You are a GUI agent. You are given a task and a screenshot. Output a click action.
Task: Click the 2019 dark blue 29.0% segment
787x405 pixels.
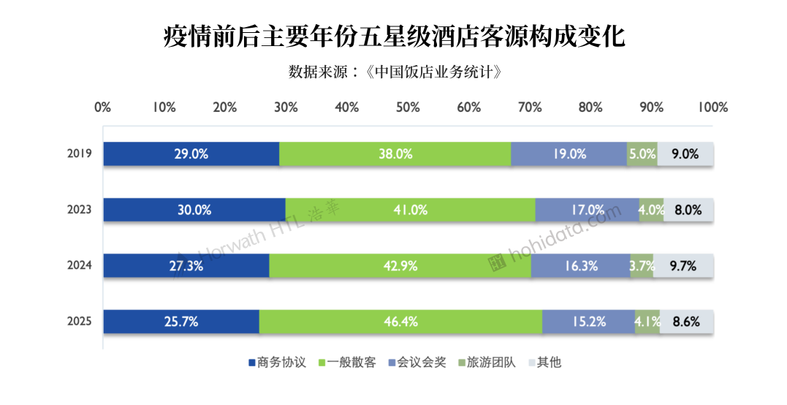click(191, 154)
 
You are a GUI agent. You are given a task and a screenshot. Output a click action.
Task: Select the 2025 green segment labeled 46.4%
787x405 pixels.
click(400, 322)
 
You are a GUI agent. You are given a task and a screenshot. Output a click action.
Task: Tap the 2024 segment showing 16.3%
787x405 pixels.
click(581, 266)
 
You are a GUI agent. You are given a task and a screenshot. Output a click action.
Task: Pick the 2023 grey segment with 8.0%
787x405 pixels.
click(688, 210)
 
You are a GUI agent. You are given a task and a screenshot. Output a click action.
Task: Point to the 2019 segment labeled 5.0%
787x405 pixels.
click(642, 154)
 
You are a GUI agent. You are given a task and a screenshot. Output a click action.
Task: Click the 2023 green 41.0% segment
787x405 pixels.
click(411, 210)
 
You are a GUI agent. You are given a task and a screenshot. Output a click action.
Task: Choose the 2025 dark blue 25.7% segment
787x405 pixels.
click(182, 322)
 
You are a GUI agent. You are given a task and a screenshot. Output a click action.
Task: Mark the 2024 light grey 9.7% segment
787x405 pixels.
click(684, 266)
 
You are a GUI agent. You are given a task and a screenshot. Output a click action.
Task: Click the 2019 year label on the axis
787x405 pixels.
click(80, 154)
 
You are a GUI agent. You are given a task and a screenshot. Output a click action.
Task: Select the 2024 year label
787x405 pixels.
click(80, 265)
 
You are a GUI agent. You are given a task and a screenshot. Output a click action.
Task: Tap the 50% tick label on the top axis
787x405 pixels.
click(408, 107)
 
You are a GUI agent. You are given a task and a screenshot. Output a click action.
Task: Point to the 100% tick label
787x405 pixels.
click(712, 107)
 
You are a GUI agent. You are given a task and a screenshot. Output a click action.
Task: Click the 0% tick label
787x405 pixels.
click(103, 107)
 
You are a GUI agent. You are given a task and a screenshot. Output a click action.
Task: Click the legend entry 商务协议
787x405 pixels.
click(278, 363)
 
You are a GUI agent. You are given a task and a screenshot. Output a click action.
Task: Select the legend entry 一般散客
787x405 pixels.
click(347, 363)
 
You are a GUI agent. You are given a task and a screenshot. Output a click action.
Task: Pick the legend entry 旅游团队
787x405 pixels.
click(487, 363)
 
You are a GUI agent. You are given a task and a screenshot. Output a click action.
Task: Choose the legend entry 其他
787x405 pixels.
click(545, 363)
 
